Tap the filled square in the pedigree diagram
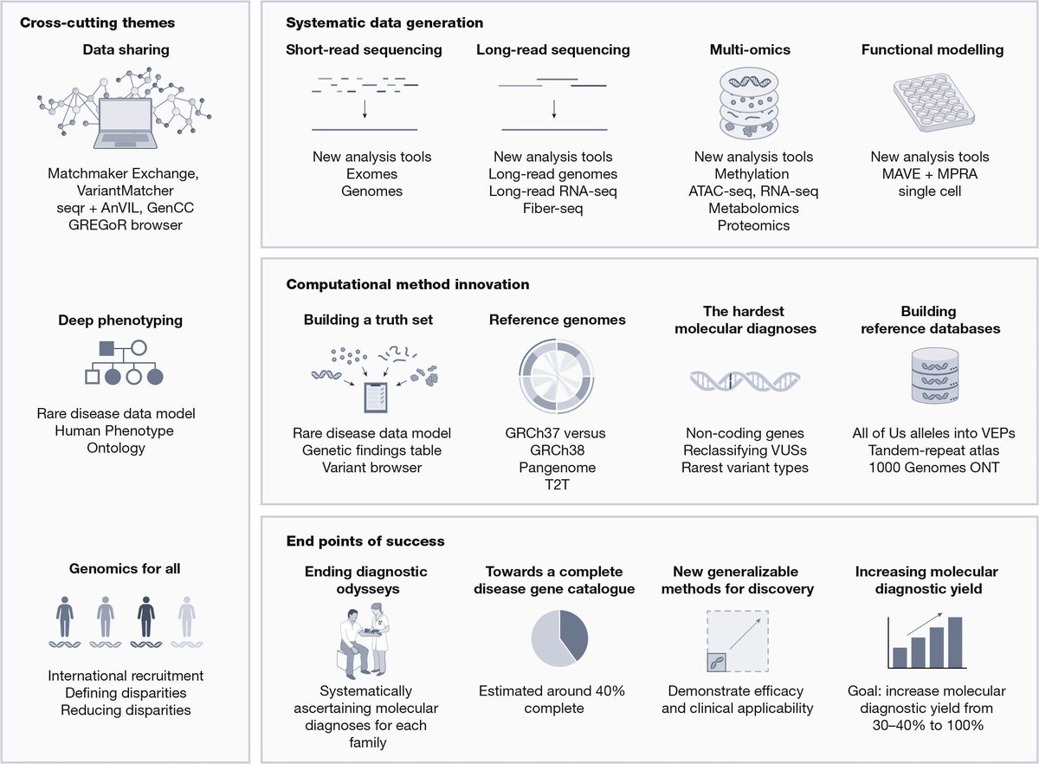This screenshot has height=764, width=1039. (x=106, y=349)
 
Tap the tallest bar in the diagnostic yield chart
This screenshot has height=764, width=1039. (x=955, y=642)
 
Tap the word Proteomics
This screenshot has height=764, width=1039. (x=752, y=225)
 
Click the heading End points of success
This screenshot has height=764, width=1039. (x=365, y=541)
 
